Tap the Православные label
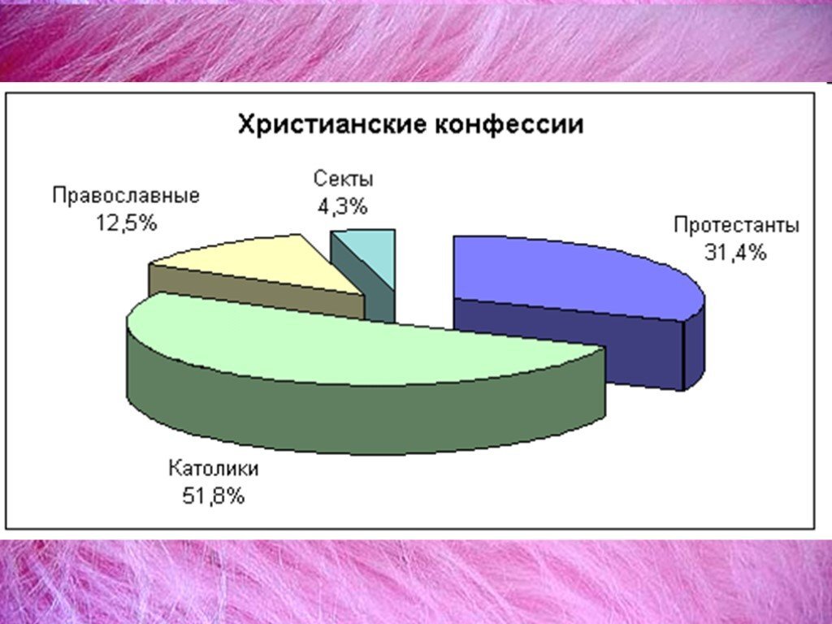click(126, 197)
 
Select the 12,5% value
click(126, 221)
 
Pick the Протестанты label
click(736, 226)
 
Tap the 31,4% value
click(735, 252)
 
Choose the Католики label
click(214, 469)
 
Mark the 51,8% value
click(213, 495)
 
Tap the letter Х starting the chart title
click(245, 125)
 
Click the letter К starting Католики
click(174, 469)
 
